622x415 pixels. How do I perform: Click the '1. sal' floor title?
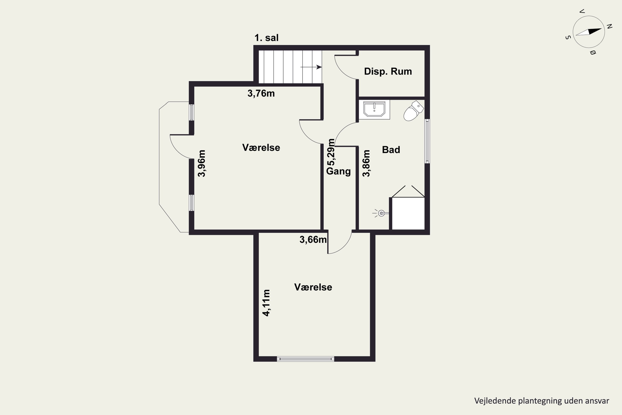tap(266, 38)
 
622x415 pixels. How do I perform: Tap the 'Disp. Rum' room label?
tap(388, 71)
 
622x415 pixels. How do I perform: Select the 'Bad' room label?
tap(391, 150)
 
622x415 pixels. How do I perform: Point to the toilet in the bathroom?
tap(413, 111)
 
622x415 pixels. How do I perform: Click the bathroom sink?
tap(374, 109)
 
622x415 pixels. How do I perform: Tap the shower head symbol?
tap(381, 213)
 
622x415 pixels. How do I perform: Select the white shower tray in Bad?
tap(408, 213)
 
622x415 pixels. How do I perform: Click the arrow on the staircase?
tap(311, 67)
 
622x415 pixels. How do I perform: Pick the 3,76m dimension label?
tap(261, 93)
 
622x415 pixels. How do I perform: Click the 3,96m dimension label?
tap(202, 163)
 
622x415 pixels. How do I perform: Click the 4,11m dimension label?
tap(266, 303)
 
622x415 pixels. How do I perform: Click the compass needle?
tap(589, 32)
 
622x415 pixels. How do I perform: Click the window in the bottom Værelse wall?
tap(305, 359)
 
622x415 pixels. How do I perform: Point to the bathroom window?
tap(427, 141)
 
